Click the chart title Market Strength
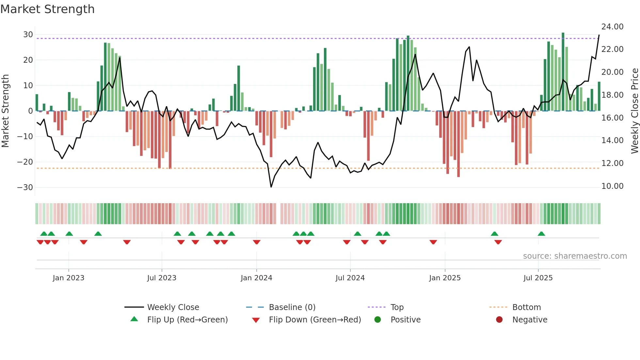[47, 9]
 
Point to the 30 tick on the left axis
[28, 35]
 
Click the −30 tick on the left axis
[25, 188]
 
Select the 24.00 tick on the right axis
[612, 27]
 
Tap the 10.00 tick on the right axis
[612, 186]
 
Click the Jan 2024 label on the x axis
[256, 278]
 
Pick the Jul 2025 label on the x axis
[538, 278]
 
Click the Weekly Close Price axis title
[634, 111]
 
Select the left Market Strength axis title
[5, 111]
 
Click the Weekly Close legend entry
[173, 307]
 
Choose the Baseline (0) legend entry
[292, 307]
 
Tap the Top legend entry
[397, 307]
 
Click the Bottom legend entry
[526, 307]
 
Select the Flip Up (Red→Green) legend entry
[187, 320]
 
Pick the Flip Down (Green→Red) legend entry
[315, 320]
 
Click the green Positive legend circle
[378, 320]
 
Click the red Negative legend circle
[499, 320]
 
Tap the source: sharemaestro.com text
[575, 256]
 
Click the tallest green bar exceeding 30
[563, 72]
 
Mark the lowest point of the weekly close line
[271, 187]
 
